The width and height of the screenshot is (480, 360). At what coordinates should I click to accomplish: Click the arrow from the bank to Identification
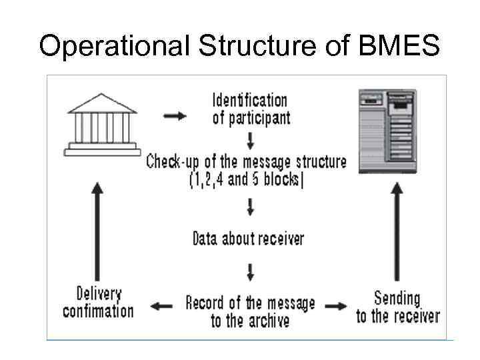[175, 115]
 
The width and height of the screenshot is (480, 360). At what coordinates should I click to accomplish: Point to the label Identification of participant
[250, 109]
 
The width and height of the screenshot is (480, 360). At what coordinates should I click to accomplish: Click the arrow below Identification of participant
[250, 141]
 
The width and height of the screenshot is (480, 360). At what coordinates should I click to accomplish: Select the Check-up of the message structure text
[247, 161]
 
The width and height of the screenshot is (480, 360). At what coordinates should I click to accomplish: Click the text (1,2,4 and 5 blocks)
[247, 180]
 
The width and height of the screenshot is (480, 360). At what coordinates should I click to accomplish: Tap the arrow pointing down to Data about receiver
[250, 207]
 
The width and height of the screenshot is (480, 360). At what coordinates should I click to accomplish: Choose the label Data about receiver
[248, 238]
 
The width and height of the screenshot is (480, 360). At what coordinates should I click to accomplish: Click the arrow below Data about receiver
[250, 271]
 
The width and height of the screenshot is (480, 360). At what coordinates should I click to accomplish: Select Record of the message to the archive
[250, 311]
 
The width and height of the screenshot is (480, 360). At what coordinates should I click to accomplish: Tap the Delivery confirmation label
[98, 302]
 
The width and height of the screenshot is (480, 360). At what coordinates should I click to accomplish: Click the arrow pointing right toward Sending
[337, 307]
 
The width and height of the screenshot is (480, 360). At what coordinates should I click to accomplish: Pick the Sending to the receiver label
[397, 307]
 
